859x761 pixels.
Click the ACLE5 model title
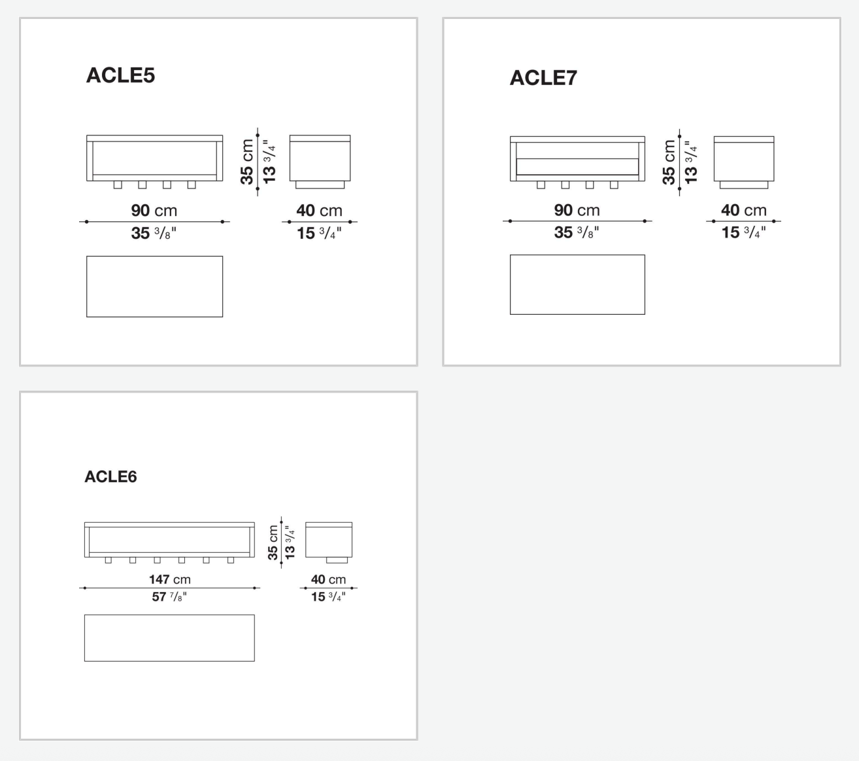pyautogui.click(x=120, y=75)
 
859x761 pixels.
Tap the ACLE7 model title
pyautogui.click(x=543, y=78)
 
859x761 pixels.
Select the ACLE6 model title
pyautogui.click(x=110, y=476)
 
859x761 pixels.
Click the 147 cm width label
pyautogui.click(x=169, y=579)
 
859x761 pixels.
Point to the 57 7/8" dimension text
pyautogui.click(x=169, y=597)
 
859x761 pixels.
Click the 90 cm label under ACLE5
pyautogui.click(x=154, y=211)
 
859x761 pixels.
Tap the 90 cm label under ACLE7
pyautogui.click(x=577, y=210)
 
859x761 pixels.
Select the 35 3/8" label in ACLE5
pyautogui.click(x=154, y=233)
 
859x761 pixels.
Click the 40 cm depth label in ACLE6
pyautogui.click(x=328, y=579)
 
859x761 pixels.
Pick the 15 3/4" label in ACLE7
pyautogui.click(x=744, y=232)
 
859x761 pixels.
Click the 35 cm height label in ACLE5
pyautogui.click(x=246, y=162)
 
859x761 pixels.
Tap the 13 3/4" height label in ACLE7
pyautogui.click(x=691, y=162)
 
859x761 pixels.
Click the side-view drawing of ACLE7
pyautogui.click(x=744, y=162)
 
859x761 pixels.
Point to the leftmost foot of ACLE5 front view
pyautogui.click(x=118, y=185)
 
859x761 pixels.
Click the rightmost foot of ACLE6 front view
pyautogui.click(x=231, y=560)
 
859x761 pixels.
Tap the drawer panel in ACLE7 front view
pyautogui.click(x=577, y=166)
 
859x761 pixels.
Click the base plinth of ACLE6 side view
pyautogui.click(x=337, y=560)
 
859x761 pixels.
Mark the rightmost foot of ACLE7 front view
pyautogui.click(x=614, y=185)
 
